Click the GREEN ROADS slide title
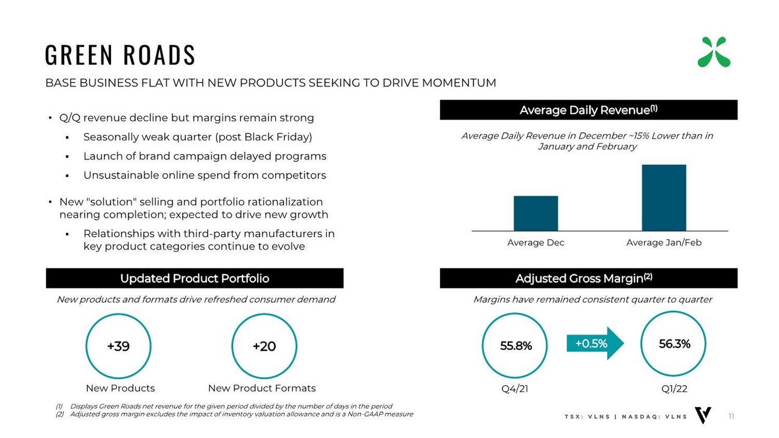[120, 55]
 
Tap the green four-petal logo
[714, 52]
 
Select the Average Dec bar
[535, 213]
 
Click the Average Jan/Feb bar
[664, 198]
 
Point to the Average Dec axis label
[535, 242]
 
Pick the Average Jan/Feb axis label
[664, 242]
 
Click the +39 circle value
[118, 346]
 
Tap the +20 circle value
[264, 346]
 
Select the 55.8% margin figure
[515, 346]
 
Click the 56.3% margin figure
[674, 344]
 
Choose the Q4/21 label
[515, 389]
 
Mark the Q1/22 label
[674, 389]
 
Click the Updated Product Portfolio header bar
[195, 278]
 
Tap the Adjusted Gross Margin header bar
[588, 278]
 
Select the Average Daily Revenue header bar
[588, 110]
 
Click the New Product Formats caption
[262, 388]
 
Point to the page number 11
[731, 416]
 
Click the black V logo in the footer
[703, 415]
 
